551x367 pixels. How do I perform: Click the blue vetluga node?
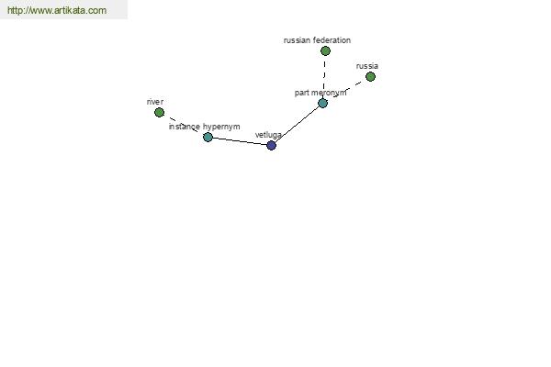pyautogui.click(x=271, y=145)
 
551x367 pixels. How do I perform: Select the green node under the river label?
pyautogui.click(x=159, y=112)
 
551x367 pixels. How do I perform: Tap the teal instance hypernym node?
pyautogui.click(x=208, y=137)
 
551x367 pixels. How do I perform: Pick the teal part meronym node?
pyautogui.click(x=322, y=103)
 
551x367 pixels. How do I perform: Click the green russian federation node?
pyautogui.click(x=325, y=51)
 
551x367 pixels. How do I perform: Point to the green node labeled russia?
pyautogui.click(x=370, y=76)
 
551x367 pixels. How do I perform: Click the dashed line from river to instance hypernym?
pyautogui.click(x=184, y=125)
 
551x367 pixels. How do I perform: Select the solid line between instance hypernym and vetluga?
pyautogui.click(x=240, y=140)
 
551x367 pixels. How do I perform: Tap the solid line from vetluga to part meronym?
pyautogui.click(x=297, y=124)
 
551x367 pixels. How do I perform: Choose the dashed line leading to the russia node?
pyautogui.click(x=346, y=90)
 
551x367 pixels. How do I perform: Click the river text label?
pyautogui.click(x=155, y=102)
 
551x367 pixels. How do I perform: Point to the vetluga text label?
pyautogui.click(x=268, y=135)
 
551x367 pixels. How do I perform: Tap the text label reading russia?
pyautogui.click(x=366, y=66)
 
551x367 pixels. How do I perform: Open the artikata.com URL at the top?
pyautogui.click(x=57, y=10)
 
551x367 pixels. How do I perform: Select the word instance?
pyautogui.click(x=185, y=127)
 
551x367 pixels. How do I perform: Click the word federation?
pyautogui.click(x=332, y=40)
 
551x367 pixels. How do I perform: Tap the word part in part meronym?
pyautogui.click(x=301, y=93)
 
